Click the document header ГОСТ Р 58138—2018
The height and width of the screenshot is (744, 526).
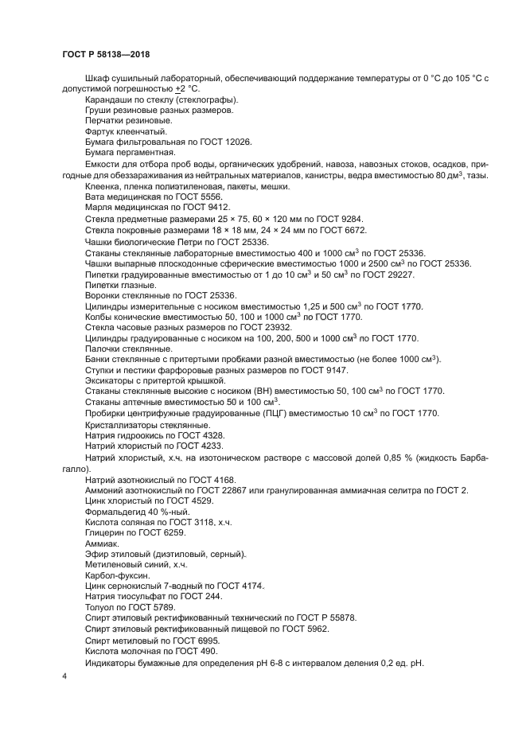pos(106,54)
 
